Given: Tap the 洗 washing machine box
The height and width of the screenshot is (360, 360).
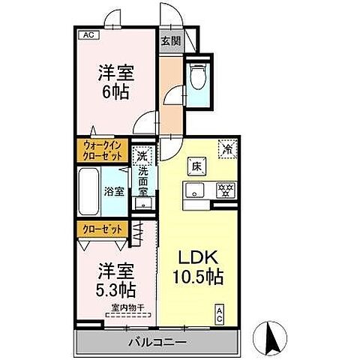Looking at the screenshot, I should tap(141, 157).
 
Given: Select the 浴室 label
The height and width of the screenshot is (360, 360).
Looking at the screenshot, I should tap(115, 191).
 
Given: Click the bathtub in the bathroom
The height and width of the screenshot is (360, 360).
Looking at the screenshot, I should tap(88, 190).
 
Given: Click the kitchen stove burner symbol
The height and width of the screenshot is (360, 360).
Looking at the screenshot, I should tap(223, 190).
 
